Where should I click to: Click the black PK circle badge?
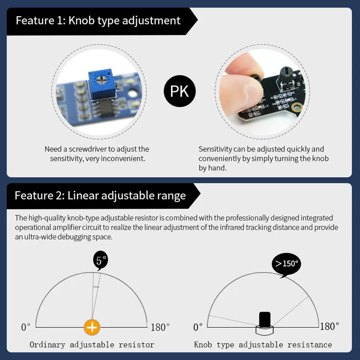pos(180,91)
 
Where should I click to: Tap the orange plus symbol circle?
pos(92,327)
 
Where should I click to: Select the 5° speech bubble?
pos(100,261)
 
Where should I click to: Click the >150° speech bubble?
pos(286,264)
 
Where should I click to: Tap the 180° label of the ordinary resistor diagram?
pos(160,327)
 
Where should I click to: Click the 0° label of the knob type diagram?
pos(198,327)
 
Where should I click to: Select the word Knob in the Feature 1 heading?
pos(81,21)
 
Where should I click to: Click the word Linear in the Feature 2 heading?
pos(83,195)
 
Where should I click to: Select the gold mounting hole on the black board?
pos(297,107)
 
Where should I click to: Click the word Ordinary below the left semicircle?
pos(47,345)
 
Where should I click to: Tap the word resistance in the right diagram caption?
pos(310,345)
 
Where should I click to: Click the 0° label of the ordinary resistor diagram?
pos(26,327)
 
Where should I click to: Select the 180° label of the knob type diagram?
pos(329,326)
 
